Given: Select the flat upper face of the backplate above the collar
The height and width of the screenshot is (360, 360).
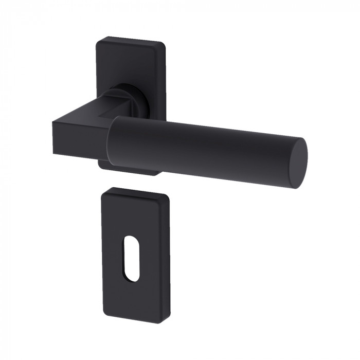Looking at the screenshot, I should tap(131, 62).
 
